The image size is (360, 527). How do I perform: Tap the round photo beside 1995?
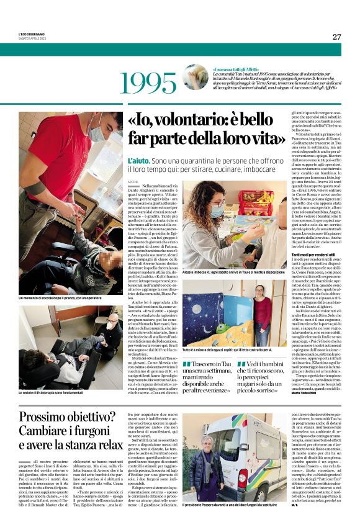point(196,78)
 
